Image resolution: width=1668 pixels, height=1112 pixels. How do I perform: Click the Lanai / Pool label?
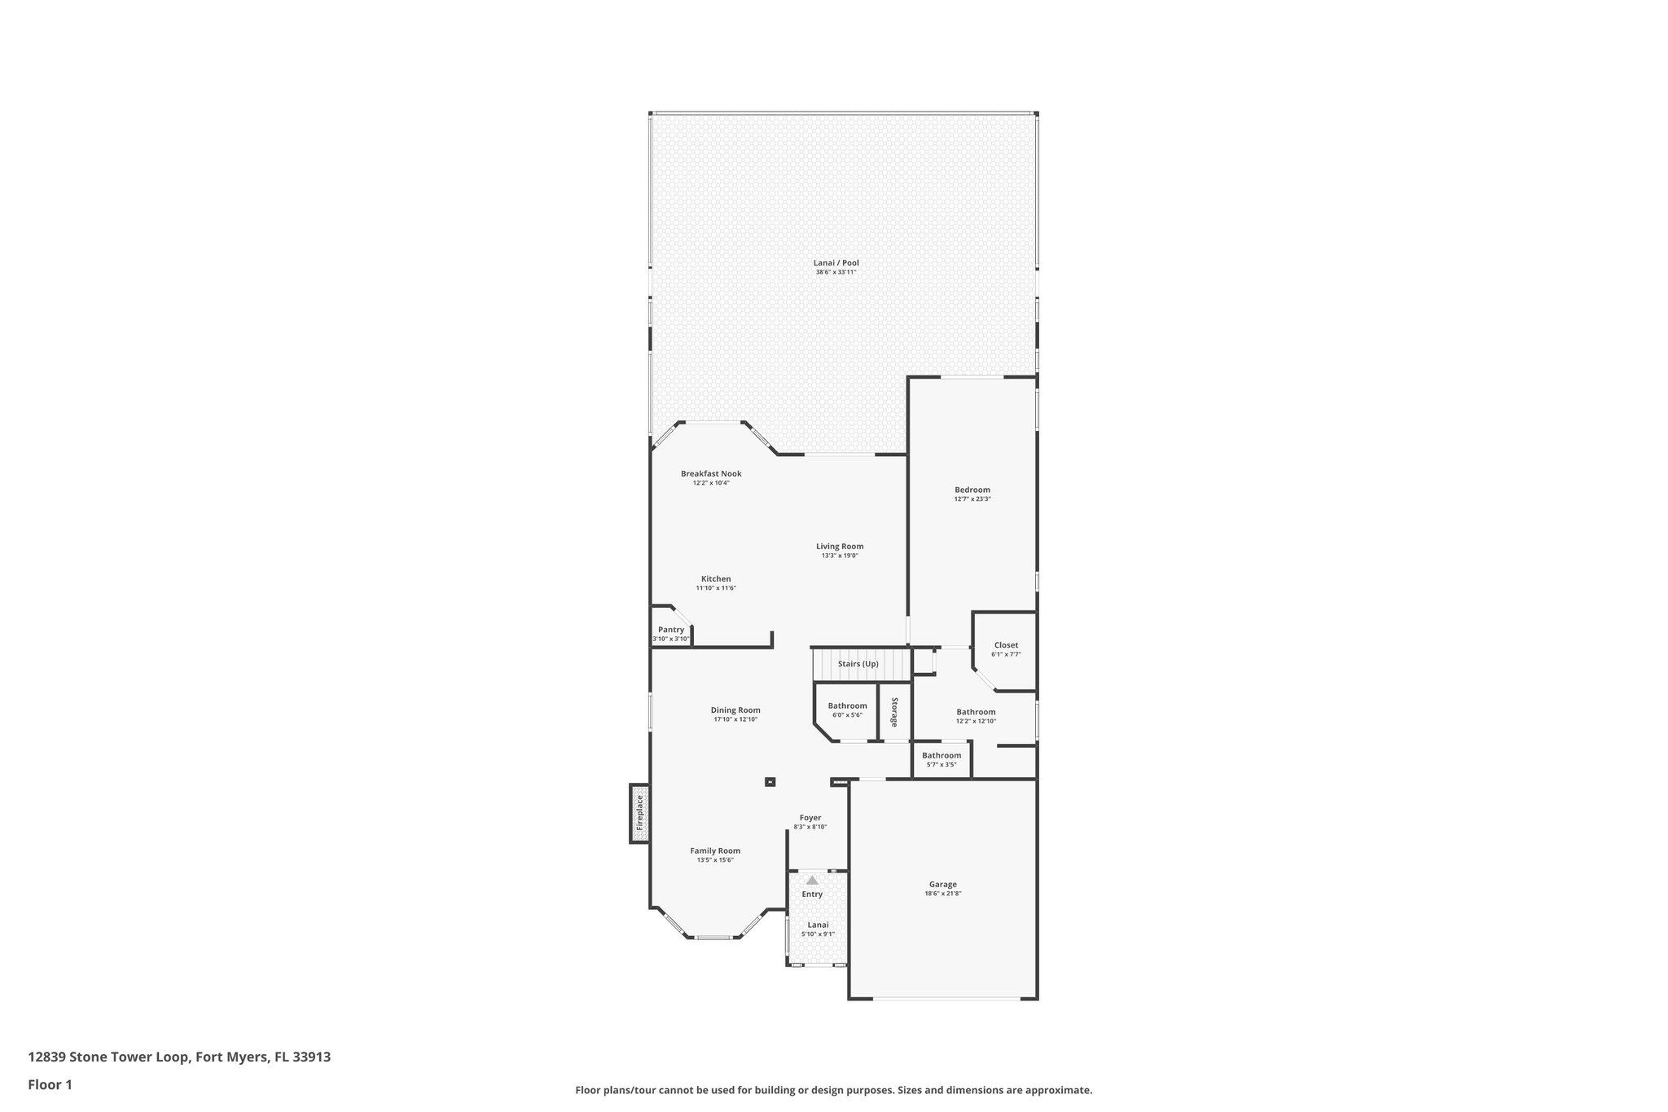(x=836, y=263)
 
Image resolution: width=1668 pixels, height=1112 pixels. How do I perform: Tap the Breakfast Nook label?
(x=711, y=473)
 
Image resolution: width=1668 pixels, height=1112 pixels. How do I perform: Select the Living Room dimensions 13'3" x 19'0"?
(x=840, y=556)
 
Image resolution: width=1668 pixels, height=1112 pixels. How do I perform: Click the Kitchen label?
(x=716, y=579)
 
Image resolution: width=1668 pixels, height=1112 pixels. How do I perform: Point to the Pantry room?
(x=671, y=630)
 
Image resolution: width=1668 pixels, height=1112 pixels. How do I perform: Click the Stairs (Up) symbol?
(x=860, y=664)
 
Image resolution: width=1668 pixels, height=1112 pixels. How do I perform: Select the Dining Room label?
(x=735, y=710)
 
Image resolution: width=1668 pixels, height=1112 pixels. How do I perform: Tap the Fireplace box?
(x=639, y=813)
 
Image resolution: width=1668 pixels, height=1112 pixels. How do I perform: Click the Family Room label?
(x=715, y=850)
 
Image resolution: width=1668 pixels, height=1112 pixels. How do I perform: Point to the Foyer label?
(x=810, y=818)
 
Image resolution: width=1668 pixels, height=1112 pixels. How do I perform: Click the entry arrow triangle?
(x=812, y=880)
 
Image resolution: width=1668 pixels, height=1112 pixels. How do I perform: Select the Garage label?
(x=943, y=885)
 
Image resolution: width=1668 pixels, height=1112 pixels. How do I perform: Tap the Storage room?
(x=894, y=712)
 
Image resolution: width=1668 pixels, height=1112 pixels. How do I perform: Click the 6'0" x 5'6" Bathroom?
(x=847, y=710)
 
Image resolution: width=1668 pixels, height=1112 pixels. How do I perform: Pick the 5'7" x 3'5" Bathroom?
(x=941, y=759)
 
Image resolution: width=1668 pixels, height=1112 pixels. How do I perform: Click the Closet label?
(x=1006, y=645)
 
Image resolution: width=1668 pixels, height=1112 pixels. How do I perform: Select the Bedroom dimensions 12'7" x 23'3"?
(x=972, y=499)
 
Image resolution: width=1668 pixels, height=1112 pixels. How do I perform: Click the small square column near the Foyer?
(x=770, y=782)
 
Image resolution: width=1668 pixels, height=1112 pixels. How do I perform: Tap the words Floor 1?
(x=50, y=1085)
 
